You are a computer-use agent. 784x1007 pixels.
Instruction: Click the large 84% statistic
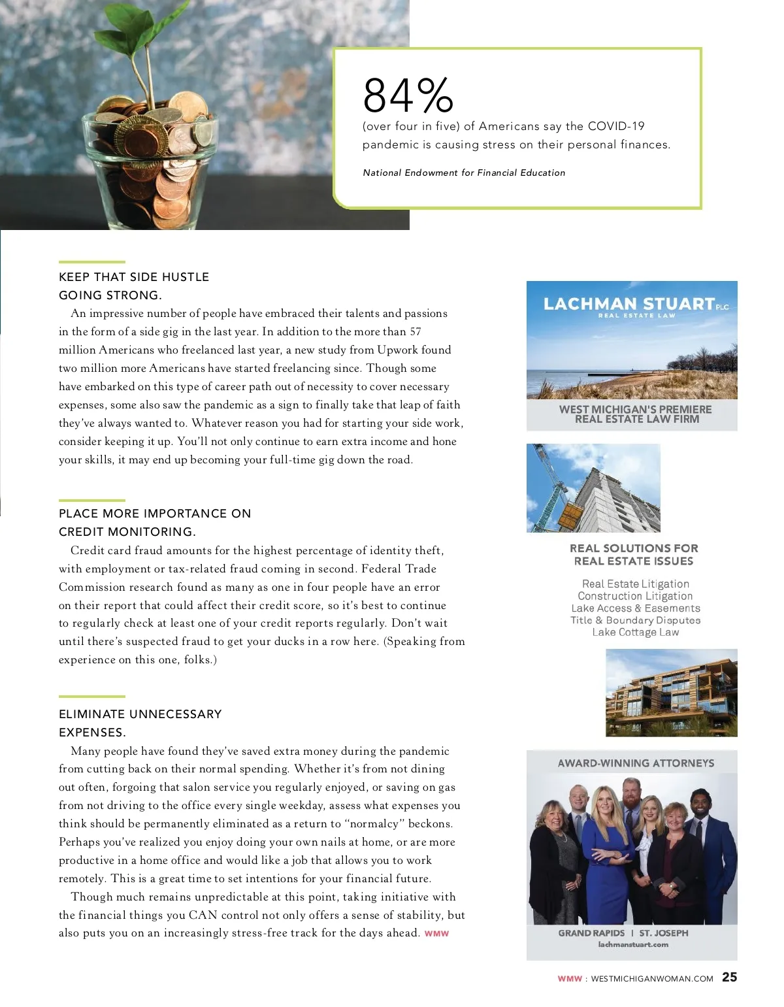point(408,95)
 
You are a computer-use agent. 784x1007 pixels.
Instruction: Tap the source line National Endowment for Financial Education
point(464,173)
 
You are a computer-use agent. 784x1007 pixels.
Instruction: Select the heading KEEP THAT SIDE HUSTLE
point(134,277)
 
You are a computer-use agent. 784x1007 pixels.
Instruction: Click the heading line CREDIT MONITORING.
point(127,532)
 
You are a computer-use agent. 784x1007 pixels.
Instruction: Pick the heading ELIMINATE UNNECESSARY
point(140,714)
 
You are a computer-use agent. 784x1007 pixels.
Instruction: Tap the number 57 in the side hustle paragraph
point(415,332)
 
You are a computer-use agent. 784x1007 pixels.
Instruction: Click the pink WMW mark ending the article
point(436,934)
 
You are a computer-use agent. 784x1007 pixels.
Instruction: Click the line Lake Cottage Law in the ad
point(635,633)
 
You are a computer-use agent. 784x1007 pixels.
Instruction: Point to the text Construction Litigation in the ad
point(635,596)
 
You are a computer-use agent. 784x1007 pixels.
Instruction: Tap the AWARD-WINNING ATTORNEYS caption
point(636,763)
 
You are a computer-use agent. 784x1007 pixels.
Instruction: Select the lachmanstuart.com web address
point(633,944)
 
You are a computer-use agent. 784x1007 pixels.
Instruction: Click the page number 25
point(729,977)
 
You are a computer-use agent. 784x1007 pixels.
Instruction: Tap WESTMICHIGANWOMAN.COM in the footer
point(651,979)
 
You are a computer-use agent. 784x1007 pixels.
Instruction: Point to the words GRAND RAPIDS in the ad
point(591,933)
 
